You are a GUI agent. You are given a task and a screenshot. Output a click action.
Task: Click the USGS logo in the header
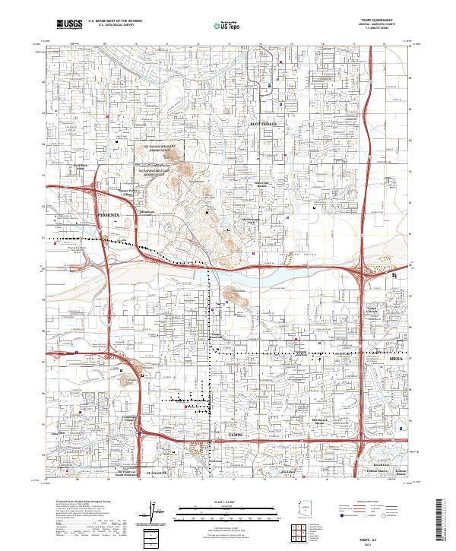point(70,24)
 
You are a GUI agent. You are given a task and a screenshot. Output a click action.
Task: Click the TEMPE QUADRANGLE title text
point(384,21)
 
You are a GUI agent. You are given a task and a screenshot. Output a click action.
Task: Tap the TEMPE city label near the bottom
point(238,433)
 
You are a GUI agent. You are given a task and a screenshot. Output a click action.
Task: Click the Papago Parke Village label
point(125,193)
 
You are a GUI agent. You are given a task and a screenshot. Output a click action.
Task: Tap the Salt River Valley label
point(288,256)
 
